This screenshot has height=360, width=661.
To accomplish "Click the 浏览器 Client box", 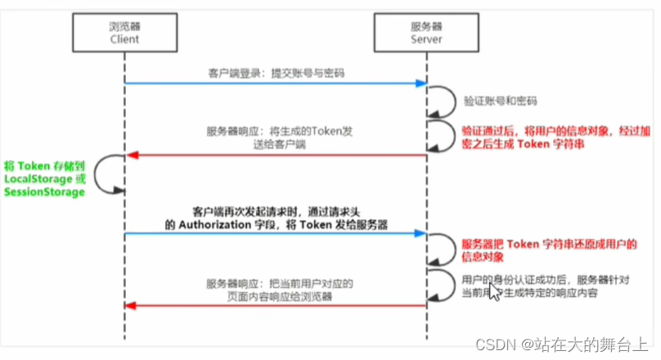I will click(x=124, y=32).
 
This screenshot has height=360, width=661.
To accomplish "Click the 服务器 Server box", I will click(x=425, y=32).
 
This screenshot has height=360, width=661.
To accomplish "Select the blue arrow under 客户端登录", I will click(x=275, y=83).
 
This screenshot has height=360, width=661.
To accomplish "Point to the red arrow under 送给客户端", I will click(x=275, y=155).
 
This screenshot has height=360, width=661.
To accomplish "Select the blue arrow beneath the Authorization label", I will click(x=275, y=235).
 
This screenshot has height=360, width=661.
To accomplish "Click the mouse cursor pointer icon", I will click(x=493, y=291).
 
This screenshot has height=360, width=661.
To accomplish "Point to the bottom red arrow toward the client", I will click(x=275, y=306).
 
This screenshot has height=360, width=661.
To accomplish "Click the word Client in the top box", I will click(x=124, y=38).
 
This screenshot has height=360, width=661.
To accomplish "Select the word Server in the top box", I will click(x=425, y=38).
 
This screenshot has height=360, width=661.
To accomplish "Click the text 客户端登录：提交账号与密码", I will click(x=275, y=72).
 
